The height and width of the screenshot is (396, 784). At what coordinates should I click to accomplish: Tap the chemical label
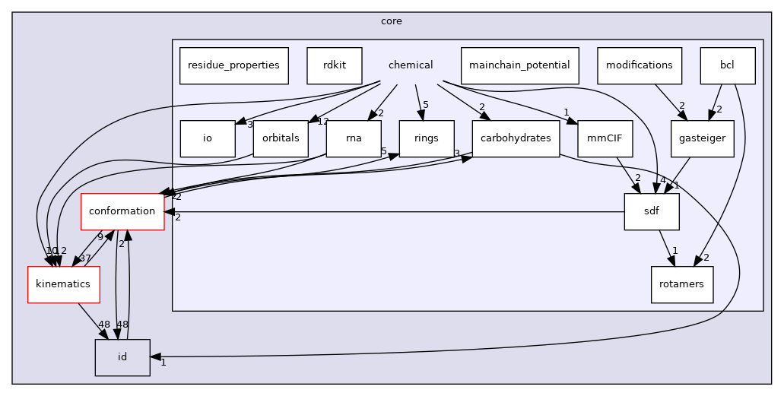pyautogui.click(x=411, y=65)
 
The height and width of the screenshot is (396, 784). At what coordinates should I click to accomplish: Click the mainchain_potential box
pyautogui.click(x=520, y=65)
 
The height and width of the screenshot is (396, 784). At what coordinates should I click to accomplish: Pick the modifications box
pyautogui.click(x=640, y=65)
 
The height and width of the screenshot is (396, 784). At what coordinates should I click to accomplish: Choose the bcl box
pyautogui.click(x=728, y=65)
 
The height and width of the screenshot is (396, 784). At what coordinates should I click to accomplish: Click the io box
pyautogui.click(x=208, y=138)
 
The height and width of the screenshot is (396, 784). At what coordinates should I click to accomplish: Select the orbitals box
pyautogui.click(x=281, y=138)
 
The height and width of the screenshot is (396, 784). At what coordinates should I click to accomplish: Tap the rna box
pyautogui.click(x=354, y=138)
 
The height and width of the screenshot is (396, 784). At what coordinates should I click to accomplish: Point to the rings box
pyautogui.click(x=427, y=138)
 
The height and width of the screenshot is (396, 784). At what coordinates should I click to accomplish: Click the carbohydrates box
pyautogui.click(x=516, y=138)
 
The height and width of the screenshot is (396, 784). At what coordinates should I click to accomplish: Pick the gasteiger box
pyautogui.click(x=703, y=138)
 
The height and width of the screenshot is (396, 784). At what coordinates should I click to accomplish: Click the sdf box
pyautogui.click(x=652, y=211)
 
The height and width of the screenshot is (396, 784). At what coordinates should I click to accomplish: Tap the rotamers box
pyautogui.click(x=681, y=284)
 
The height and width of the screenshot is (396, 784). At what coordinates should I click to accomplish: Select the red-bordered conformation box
pyautogui.click(x=122, y=211)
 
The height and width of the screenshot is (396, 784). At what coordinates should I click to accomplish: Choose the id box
pyautogui.click(x=122, y=357)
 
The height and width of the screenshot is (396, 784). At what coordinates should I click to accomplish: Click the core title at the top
pyautogui.click(x=392, y=21)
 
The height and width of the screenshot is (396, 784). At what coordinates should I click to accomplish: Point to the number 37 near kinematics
pyautogui.click(x=85, y=258)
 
